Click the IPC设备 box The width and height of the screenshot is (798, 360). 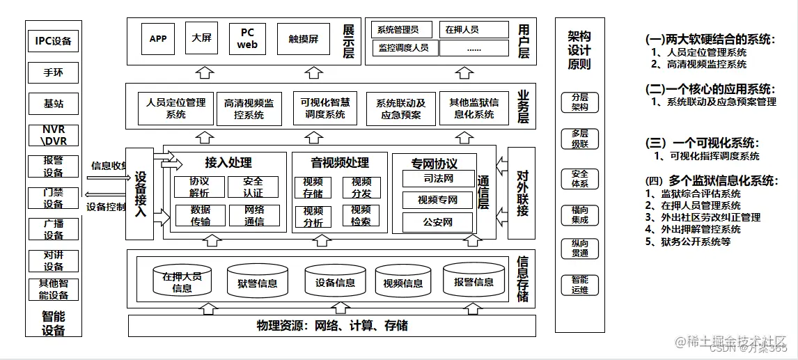point(54,41)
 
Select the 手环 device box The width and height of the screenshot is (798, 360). point(54,72)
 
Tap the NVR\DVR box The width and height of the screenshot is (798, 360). point(54,134)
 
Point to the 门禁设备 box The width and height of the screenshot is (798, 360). point(54,198)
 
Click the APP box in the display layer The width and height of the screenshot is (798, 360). point(158,39)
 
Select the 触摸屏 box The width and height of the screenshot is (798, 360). point(303,39)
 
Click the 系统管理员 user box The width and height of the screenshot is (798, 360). point(398,30)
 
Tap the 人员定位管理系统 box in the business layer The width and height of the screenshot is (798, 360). point(176,108)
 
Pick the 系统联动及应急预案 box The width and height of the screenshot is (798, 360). point(401,109)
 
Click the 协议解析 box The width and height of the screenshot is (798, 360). point(199,187)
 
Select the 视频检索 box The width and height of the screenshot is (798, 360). point(361,216)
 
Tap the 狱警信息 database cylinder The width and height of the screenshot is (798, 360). point(257,281)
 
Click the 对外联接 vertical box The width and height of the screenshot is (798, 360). point(522,192)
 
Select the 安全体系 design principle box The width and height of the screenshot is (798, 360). point(579,179)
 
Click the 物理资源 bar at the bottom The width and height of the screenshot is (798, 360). point(332,326)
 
